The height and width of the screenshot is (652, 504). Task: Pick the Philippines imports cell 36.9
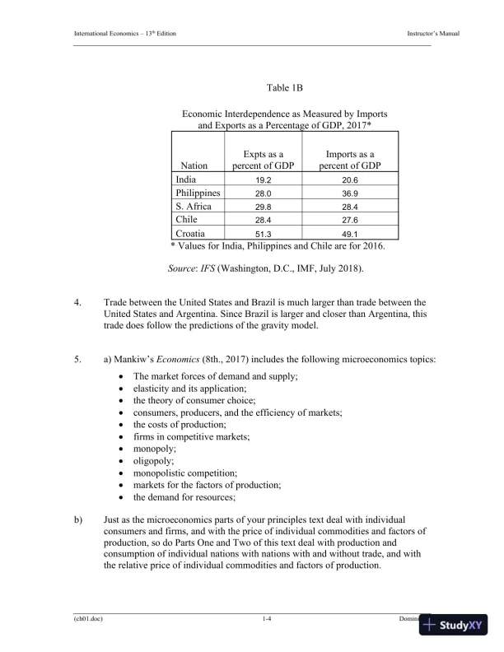click(350, 193)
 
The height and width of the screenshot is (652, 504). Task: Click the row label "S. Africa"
click(194, 207)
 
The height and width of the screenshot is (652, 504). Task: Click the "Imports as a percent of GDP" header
click(350, 160)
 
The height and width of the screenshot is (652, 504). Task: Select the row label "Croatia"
click(192, 234)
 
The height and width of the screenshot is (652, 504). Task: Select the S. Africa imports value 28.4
click(350, 207)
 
